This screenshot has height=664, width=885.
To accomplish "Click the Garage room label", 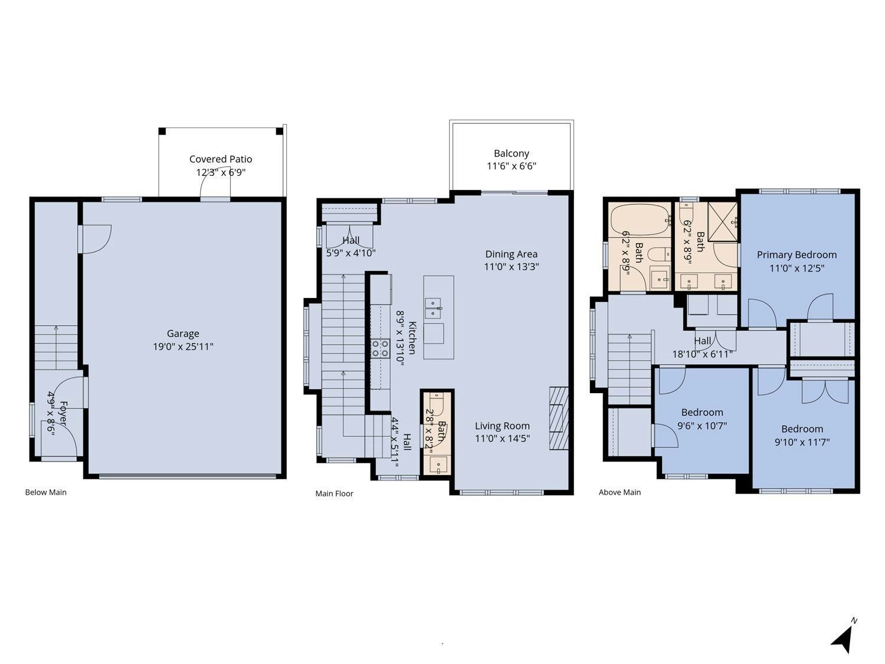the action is pyautogui.click(x=183, y=333).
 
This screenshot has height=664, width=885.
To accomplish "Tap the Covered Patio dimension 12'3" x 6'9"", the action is pyautogui.click(x=221, y=172).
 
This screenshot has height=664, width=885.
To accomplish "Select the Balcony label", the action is pyautogui.click(x=512, y=153).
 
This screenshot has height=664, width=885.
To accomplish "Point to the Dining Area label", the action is pyautogui.click(x=512, y=254).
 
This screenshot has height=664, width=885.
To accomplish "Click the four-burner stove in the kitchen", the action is pyautogui.click(x=380, y=349).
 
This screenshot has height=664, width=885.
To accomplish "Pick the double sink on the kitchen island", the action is pyautogui.click(x=433, y=309).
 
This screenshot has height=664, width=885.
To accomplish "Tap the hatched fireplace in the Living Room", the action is pyautogui.click(x=559, y=418).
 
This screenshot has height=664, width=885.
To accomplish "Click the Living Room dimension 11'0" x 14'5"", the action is pyautogui.click(x=502, y=438).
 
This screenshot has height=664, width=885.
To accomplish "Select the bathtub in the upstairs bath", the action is pyautogui.click(x=640, y=220).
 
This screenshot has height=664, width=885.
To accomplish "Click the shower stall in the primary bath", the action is pyautogui.click(x=723, y=222).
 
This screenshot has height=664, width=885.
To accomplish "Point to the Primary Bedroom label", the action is pyautogui.click(x=796, y=255).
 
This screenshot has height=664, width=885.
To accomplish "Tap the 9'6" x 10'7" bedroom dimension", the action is pyautogui.click(x=702, y=426).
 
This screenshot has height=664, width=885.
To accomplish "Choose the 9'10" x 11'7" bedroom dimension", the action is pyautogui.click(x=802, y=442).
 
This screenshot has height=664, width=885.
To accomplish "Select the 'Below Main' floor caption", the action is pyautogui.click(x=46, y=492).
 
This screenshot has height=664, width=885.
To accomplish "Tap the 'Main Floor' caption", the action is pyautogui.click(x=335, y=494).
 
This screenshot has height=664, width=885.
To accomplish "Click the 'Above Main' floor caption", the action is pyautogui.click(x=619, y=492).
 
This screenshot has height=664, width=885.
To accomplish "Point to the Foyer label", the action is pyautogui.click(x=64, y=413).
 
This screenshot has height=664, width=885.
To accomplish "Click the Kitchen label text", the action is pyautogui.click(x=412, y=338).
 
